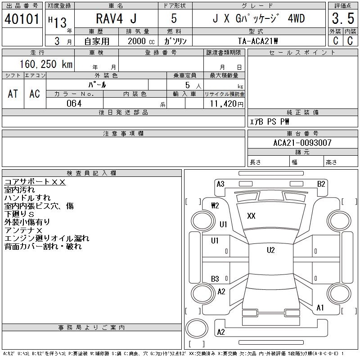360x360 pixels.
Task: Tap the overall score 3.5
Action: point(342,19)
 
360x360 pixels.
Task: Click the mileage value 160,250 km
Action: point(45,64)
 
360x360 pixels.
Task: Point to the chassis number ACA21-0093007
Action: point(302,143)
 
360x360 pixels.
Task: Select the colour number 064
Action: point(74,103)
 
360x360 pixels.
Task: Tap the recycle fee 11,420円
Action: point(225,103)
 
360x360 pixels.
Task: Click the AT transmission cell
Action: point(13,94)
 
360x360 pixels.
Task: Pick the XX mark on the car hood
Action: point(251,216)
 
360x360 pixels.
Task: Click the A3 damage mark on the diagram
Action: point(220,184)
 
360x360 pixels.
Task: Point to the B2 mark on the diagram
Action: point(321,184)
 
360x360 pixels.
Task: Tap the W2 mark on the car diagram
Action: point(215,206)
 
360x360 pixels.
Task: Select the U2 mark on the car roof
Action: point(270,250)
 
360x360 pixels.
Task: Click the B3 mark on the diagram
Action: point(215,279)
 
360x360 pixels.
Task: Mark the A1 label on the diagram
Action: point(320,308)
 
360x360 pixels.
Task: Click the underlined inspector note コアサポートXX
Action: point(35,182)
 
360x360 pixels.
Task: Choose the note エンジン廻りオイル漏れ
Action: point(47,238)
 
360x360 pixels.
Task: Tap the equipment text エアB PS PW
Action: point(270,121)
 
